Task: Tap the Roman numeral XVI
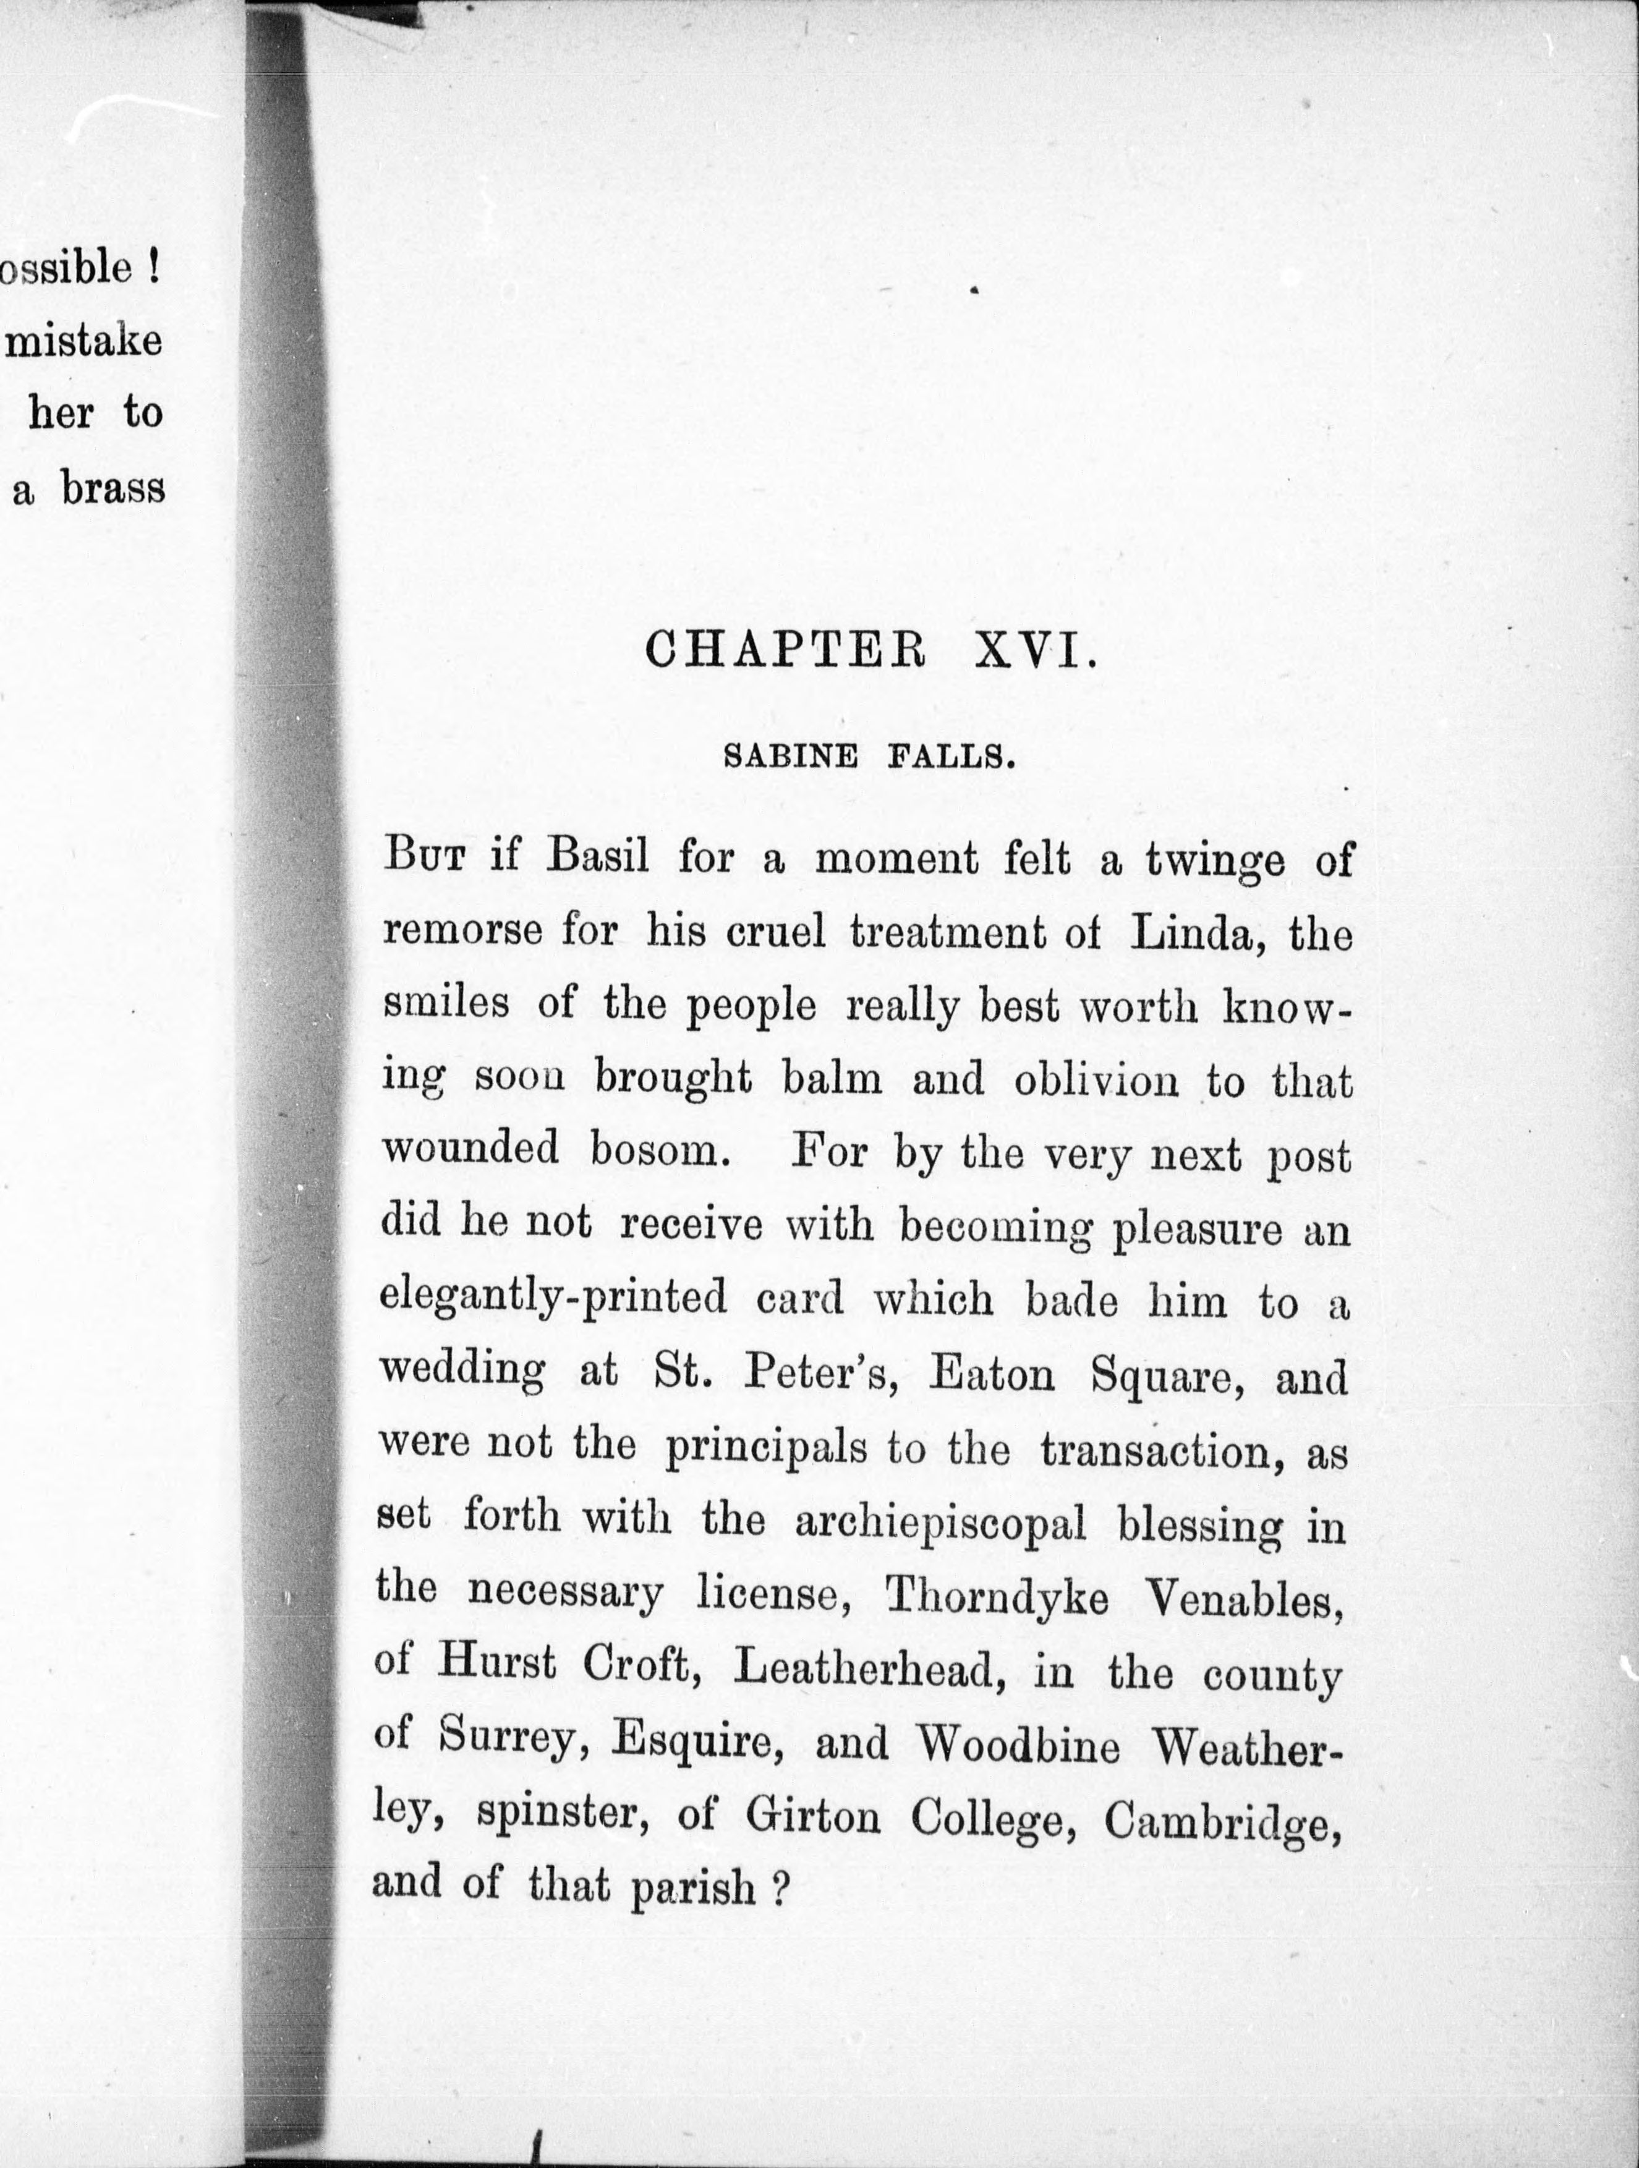pos(1034,651)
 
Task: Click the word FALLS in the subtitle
pos(950,758)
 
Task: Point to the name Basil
pos(598,857)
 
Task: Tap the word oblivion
pos(1096,1080)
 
